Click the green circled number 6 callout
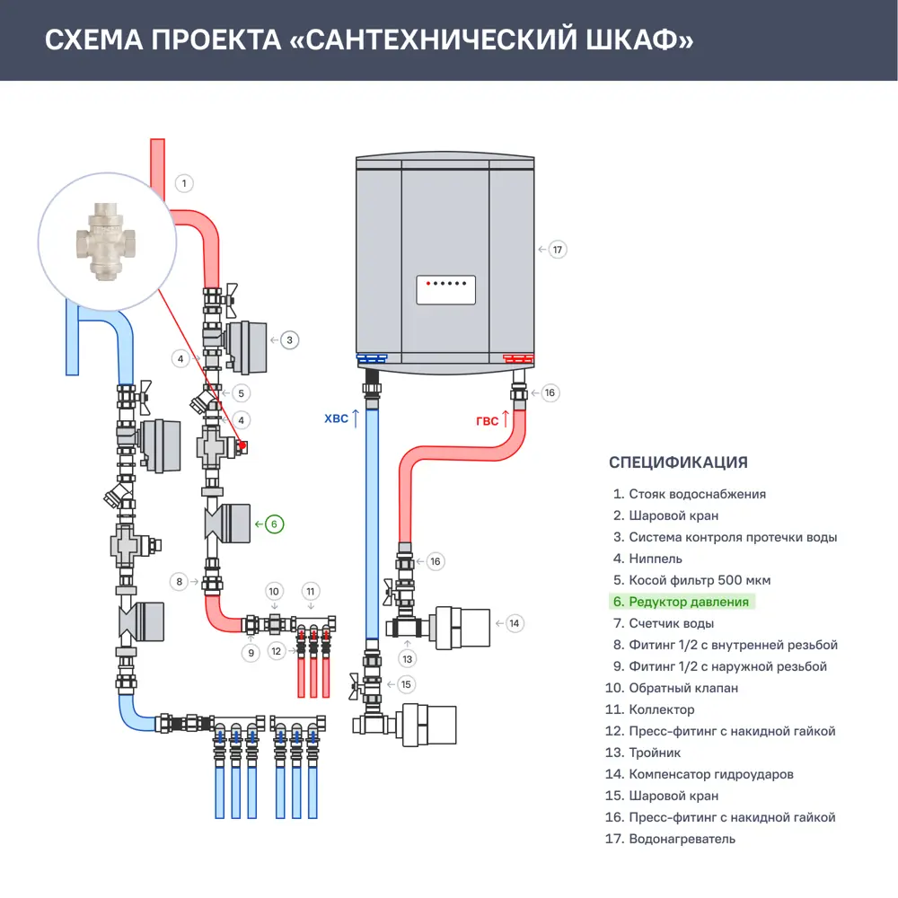tap(275, 524)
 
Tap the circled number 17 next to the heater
tap(558, 249)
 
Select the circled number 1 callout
tap(183, 184)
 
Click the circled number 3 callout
tap(289, 340)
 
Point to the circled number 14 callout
tap(514, 622)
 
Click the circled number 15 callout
tap(407, 684)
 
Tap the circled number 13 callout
tap(409, 658)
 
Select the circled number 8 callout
tap(180, 582)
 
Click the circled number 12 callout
tap(277, 650)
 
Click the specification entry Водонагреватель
tap(682, 839)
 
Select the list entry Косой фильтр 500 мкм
tap(700, 580)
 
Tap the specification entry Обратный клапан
tap(683, 688)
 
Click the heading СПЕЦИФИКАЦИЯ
tap(678, 462)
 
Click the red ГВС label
tap(488, 420)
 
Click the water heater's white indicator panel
tap(445, 290)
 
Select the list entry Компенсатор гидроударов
tap(711, 774)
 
